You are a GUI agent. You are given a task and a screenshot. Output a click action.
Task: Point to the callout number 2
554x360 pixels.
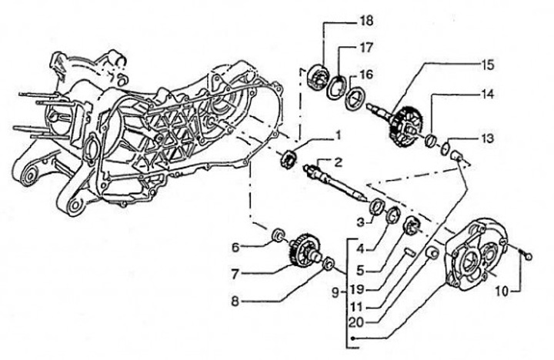click(x=337, y=161)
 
